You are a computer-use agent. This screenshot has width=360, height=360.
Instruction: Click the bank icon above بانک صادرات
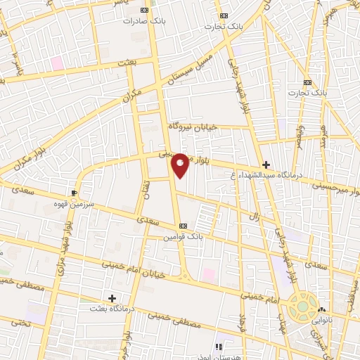point(145,11)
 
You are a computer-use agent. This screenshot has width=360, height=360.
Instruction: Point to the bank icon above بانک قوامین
point(184,226)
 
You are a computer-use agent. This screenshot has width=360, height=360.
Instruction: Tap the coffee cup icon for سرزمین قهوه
point(75,192)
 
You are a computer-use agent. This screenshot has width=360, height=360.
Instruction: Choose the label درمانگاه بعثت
point(112,309)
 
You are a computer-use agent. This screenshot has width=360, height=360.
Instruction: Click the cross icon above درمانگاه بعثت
point(112,298)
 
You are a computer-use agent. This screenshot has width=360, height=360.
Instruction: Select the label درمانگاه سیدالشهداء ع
point(263,176)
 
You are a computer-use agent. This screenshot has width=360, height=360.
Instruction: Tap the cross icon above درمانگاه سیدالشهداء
point(266,165)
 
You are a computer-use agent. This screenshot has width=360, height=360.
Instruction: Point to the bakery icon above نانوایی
point(322,309)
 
